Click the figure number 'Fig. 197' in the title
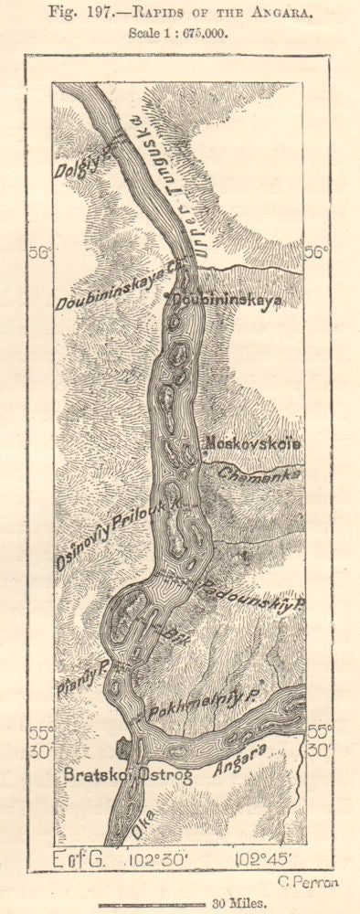click(x=99, y=11)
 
